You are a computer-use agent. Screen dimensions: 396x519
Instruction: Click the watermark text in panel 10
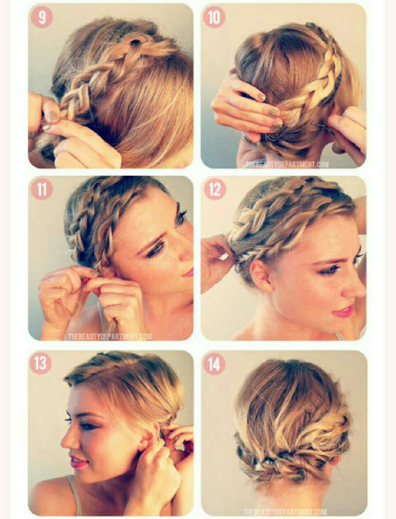click(x=287, y=164)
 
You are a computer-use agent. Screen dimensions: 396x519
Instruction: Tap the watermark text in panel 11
click(x=110, y=336)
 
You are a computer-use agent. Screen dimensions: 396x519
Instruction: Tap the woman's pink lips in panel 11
click(x=189, y=273)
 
